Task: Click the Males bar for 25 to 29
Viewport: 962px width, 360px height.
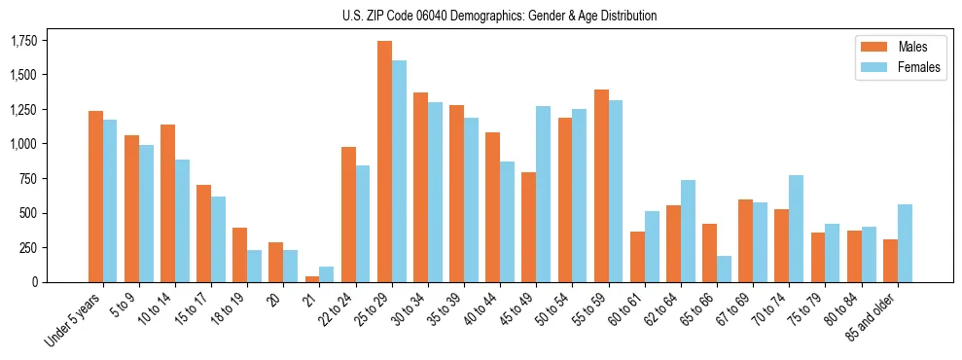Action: (384, 162)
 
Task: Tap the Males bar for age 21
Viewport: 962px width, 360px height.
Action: (312, 279)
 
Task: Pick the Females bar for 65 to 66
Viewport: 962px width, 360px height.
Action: (724, 269)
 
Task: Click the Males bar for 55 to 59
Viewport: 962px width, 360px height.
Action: (601, 186)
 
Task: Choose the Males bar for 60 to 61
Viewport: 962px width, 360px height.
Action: (637, 257)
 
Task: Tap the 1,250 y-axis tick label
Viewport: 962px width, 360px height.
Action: (23, 110)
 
